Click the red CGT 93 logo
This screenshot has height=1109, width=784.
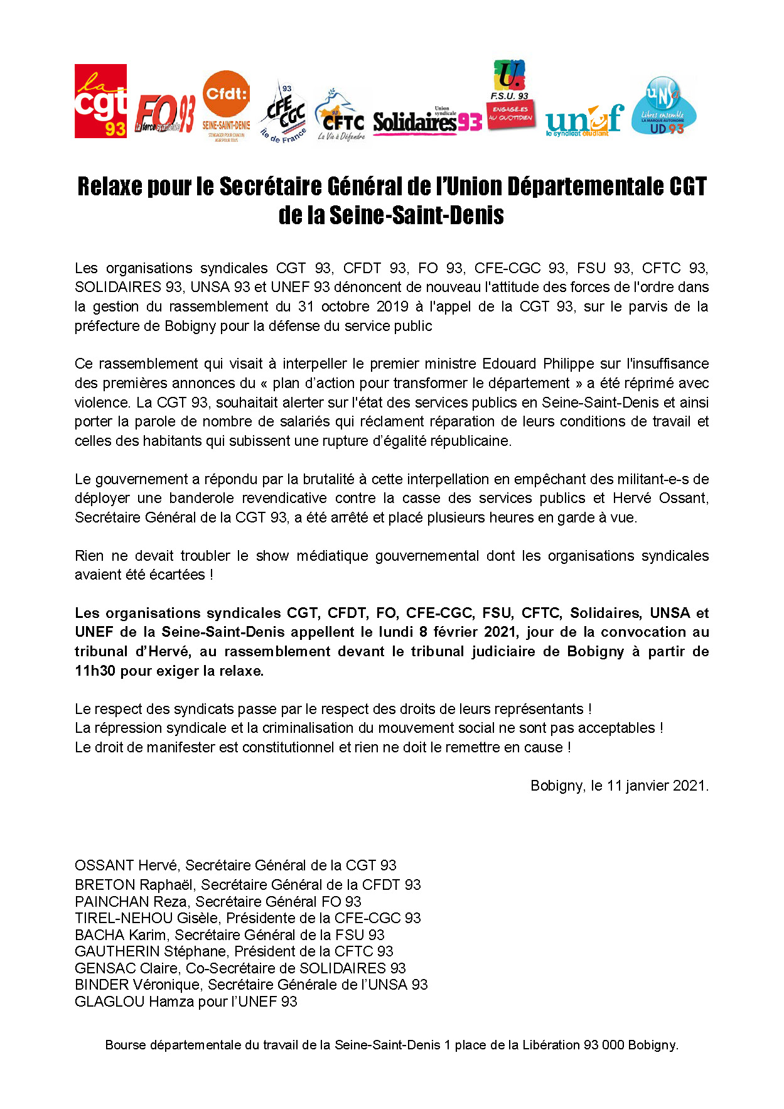coord(100,101)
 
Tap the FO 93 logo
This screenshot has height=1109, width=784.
coord(165,115)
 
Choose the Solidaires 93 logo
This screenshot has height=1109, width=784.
coord(427,120)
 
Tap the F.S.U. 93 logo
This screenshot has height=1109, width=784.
coord(510,95)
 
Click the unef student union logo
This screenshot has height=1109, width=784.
coord(584,120)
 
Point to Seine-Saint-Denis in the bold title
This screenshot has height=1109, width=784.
coord(416,215)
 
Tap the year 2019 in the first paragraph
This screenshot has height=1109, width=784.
coord(392,306)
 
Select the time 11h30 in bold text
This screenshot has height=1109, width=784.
coord(95,671)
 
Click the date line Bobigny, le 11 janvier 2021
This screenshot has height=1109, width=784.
coord(619,786)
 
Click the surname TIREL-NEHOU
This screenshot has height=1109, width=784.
coord(123,918)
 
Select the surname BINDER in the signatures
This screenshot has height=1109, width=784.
coord(102,985)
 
